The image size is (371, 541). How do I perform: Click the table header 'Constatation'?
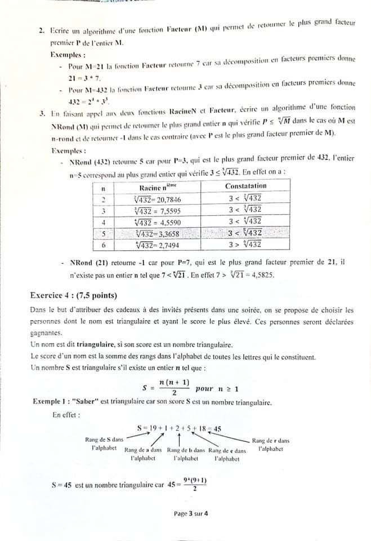pyautogui.click(x=245, y=186)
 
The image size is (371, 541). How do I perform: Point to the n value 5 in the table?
pyautogui.click(x=104, y=233)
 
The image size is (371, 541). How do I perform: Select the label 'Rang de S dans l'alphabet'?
pyautogui.click(x=104, y=444)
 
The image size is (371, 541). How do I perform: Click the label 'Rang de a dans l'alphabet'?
pyautogui.click(x=143, y=454)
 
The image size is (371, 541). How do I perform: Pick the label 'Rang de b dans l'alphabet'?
pyautogui.click(x=186, y=454)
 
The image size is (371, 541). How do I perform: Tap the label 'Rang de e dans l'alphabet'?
pyautogui.click(x=227, y=454)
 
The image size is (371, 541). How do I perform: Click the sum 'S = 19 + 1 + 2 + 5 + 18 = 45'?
pyautogui.click(x=179, y=428)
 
